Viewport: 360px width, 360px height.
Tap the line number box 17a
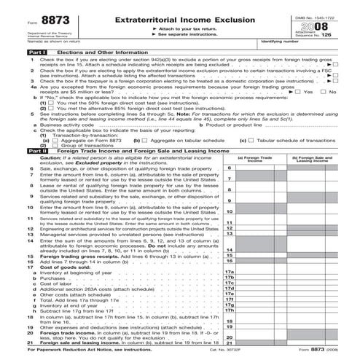pos(228,272)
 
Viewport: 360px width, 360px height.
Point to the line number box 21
pos(228,342)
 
